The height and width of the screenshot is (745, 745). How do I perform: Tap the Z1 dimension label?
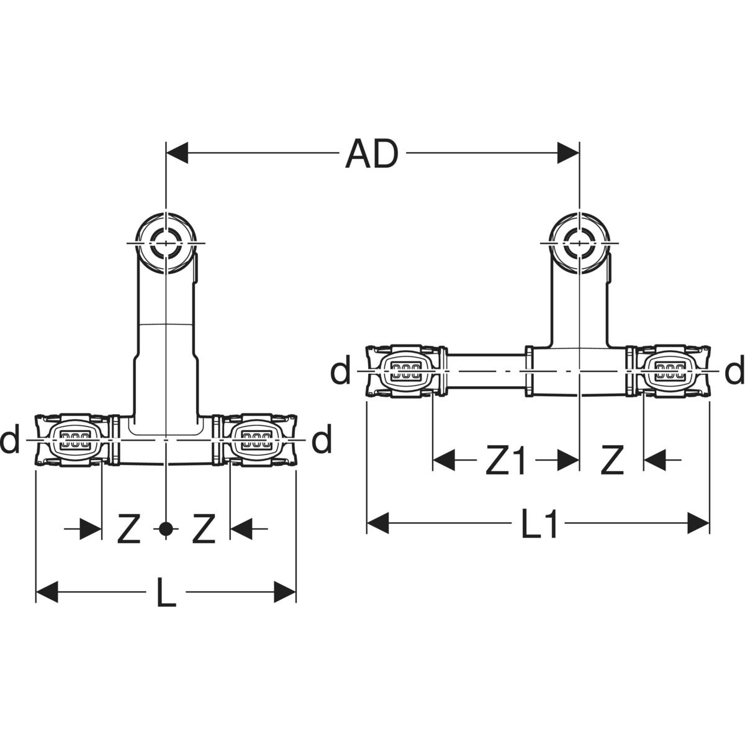[x=505, y=461]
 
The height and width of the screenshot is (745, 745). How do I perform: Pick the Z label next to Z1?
[x=611, y=461]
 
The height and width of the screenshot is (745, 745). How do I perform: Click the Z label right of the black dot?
[x=203, y=529]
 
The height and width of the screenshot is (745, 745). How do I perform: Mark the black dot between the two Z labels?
[x=166, y=529]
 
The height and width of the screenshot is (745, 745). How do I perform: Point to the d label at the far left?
[x=10, y=440]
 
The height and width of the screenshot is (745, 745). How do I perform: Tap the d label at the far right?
[x=734, y=371]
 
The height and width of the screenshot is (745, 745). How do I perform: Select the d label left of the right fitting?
[x=340, y=371]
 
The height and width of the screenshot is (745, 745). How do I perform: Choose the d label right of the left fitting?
[x=322, y=440]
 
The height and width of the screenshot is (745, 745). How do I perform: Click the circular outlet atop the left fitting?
[x=166, y=242]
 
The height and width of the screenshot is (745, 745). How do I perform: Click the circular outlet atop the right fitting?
[x=579, y=242]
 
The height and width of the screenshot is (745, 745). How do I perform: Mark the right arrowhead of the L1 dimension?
[x=698, y=523]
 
